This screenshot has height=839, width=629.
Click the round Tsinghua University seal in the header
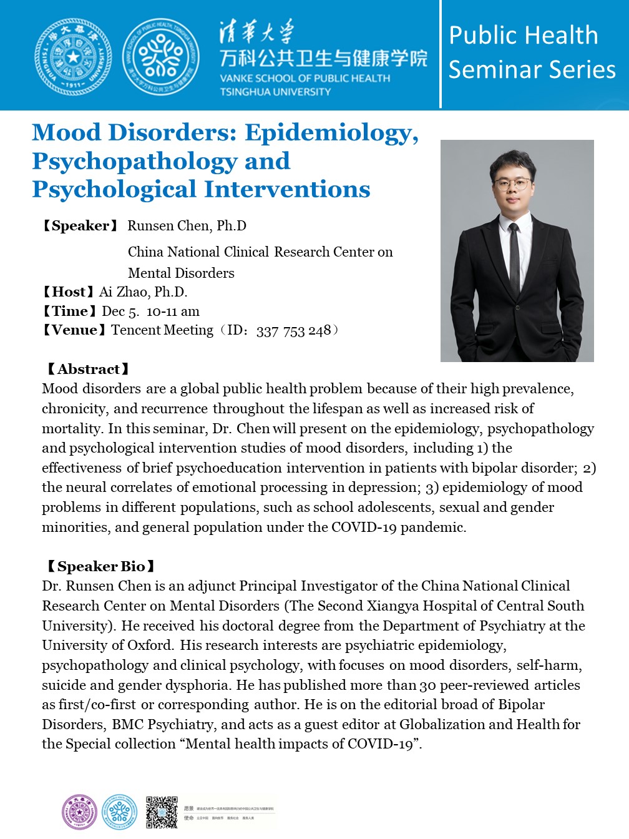tap(74, 57)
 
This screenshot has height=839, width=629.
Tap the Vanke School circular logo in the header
tap(161, 57)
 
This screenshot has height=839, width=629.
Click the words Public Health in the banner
tap(523, 36)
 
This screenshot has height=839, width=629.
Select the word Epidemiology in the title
tap(331, 133)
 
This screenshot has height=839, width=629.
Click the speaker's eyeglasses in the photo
tap(513, 184)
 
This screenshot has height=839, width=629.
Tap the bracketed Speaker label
tap(79, 226)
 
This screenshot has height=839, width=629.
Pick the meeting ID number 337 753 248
tap(293, 331)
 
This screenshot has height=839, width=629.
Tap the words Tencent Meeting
tap(162, 330)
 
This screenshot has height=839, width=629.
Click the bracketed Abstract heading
tap(88, 370)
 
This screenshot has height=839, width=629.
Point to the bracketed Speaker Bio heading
tap(100, 567)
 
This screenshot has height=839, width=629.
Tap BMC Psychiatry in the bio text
tap(164, 725)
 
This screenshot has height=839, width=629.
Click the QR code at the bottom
tap(162, 812)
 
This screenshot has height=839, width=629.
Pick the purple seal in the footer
tap(80, 812)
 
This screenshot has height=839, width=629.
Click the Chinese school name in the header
tap(323, 59)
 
